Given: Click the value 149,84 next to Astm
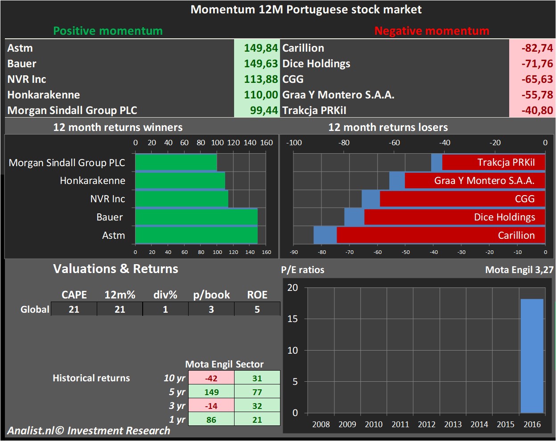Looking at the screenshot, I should coord(261,48).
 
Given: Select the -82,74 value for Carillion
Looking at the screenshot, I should coord(537,48).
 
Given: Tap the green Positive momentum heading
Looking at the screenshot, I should coord(108,31).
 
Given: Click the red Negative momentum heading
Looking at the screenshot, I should coord(432,31).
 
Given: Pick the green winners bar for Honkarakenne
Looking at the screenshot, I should coord(180,180).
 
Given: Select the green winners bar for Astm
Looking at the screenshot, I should coord(196,235).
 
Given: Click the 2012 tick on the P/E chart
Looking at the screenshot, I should coord(426,424).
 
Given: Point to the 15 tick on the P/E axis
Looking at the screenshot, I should coord(292,319).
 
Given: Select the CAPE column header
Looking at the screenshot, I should coord(74,295).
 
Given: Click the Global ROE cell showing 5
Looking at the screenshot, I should coord(257,309).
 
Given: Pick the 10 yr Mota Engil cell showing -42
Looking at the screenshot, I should coord(211,378).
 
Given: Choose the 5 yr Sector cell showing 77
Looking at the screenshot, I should coord(257,392).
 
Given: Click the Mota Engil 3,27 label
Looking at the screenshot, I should coord(519,269).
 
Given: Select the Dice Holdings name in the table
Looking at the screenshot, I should coord(316,64).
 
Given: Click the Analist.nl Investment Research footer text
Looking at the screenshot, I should coord(88,431).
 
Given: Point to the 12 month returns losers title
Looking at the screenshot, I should coord(388,127).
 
